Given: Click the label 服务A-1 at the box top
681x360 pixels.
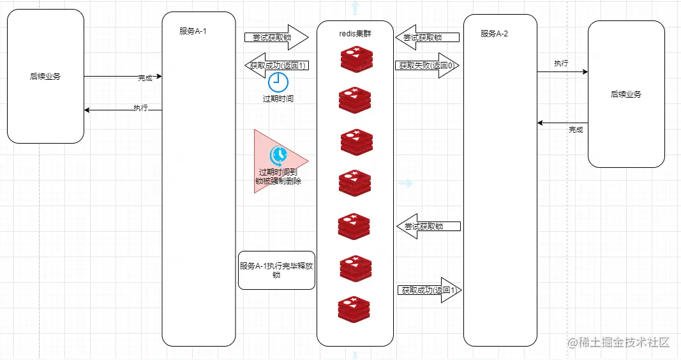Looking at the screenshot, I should [193, 31].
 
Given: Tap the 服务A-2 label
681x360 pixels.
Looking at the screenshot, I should [495, 33].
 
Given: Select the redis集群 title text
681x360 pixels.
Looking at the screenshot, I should [355, 34].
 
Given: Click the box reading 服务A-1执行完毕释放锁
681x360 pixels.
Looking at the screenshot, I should [276, 270].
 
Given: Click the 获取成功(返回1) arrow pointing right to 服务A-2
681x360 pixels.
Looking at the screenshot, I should [428, 290].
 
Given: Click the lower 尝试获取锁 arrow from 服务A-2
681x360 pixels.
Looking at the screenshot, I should [428, 226].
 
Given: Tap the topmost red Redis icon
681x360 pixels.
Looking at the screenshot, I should [356, 59].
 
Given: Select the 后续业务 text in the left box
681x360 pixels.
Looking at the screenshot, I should [45, 77].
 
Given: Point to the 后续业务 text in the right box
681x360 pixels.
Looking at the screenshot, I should [626, 94].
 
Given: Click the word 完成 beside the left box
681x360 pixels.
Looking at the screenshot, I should [146, 78].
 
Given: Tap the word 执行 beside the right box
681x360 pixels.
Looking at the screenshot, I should [561, 63].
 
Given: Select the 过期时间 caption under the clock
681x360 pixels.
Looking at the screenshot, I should [278, 99].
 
